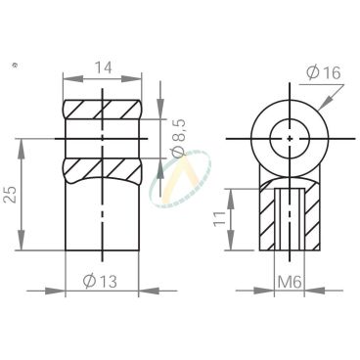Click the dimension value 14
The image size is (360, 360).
103,67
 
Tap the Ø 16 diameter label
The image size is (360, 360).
323,72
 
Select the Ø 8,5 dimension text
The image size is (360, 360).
178,139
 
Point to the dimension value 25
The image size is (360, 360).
12,195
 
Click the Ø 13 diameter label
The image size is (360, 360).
100,281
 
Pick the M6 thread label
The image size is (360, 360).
289,282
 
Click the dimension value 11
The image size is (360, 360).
219,218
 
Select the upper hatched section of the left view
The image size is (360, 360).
103,109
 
